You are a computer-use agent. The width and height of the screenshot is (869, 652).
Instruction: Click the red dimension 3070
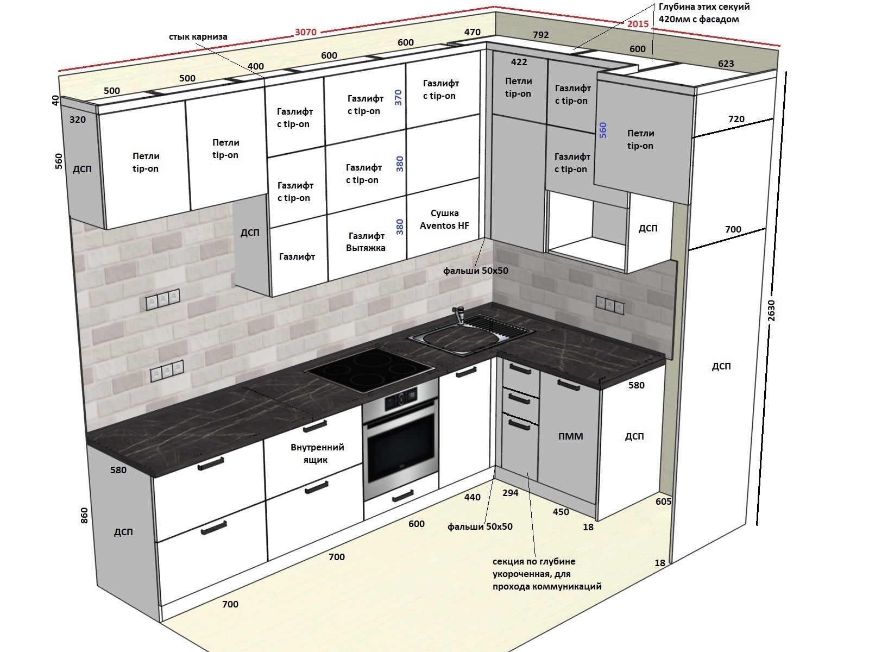[306, 32]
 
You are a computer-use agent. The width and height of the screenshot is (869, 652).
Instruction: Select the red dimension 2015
[638, 24]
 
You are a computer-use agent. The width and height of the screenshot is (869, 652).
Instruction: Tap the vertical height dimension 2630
[771, 310]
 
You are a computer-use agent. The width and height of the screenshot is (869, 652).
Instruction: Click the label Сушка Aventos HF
[444, 220]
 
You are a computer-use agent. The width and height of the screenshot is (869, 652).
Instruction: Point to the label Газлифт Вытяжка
[366, 242]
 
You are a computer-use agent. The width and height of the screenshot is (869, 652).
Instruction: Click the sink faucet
[459, 315]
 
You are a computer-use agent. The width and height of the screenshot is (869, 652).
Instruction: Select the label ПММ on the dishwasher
[570, 436]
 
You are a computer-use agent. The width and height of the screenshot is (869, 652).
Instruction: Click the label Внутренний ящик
[317, 453]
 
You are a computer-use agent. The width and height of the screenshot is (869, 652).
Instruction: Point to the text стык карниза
[198, 37]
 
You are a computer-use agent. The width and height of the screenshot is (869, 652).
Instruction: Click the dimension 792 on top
[541, 35]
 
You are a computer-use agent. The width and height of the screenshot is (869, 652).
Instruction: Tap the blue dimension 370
[398, 97]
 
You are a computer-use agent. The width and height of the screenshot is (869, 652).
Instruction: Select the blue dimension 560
[602, 130]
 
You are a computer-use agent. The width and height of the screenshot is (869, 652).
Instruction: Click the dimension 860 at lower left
[84, 516]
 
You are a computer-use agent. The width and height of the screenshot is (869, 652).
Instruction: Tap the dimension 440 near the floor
[473, 497]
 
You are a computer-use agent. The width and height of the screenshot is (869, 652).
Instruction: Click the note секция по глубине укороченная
[547, 574]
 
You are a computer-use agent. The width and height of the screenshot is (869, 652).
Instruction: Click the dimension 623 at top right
[726, 64]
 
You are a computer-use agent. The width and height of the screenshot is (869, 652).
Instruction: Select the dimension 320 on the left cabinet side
[78, 120]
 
